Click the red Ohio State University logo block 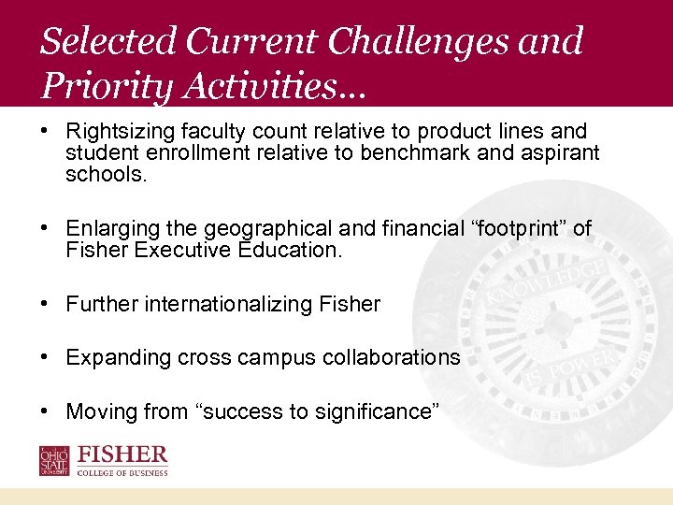(x=54, y=461)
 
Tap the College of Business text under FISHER (x=123, y=473)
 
